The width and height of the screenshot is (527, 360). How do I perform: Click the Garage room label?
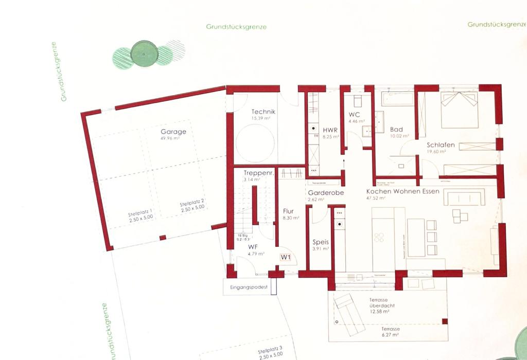tap(173, 132)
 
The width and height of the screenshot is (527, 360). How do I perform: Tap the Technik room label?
tap(263, 112)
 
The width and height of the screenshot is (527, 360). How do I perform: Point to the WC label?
tap(355, 115)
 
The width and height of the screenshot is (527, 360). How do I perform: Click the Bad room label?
tap(396, 129)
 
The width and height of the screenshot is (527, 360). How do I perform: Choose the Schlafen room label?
tap(441, 145)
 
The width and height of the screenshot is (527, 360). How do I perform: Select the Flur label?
tap(288, 211)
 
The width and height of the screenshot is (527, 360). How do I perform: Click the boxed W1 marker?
tap(286, 257)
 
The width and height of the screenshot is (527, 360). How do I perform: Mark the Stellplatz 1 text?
tap(140, 215)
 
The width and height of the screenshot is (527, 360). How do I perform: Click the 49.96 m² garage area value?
tap(170, 138)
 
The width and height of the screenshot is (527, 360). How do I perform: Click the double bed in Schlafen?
tap(459, 110)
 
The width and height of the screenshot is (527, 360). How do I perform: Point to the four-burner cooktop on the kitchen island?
tap(379, 237)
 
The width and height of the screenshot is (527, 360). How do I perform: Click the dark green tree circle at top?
tap(144, 53)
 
